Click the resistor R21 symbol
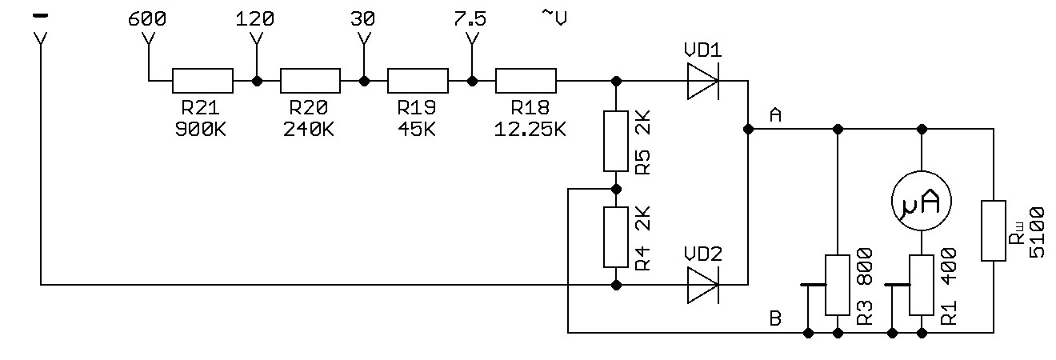click(202, 81)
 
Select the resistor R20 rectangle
click(310, 81)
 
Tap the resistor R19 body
click(418, 81)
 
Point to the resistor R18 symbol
click(526, 81)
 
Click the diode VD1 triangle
click(702, 81)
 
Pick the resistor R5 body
click(615, 142)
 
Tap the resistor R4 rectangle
click(615, 237)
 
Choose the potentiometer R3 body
click(837, 285)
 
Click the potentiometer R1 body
click(922, 285)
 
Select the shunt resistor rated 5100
click(993, 230)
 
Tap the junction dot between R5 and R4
click(615, 190)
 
